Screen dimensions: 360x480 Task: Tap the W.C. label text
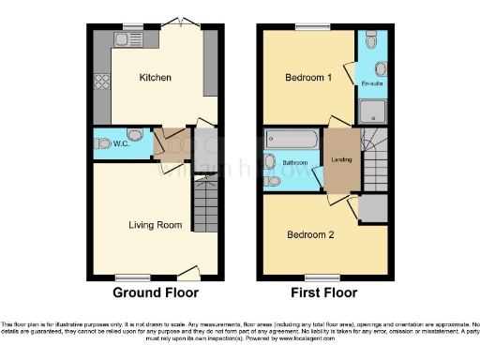click(x=121, y=143)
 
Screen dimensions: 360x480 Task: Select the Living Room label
click(x=156, y=225)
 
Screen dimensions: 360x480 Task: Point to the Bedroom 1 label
click(x=307, y=79)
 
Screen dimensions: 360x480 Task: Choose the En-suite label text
click(x=371, y=86)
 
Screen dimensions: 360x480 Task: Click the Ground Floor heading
click(x=156, y=292)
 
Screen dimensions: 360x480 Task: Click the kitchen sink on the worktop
click(x=125, y=39)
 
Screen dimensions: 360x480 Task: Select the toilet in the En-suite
click(x=372, y=41)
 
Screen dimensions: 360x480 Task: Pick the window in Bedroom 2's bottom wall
click(x=323, y=277)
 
